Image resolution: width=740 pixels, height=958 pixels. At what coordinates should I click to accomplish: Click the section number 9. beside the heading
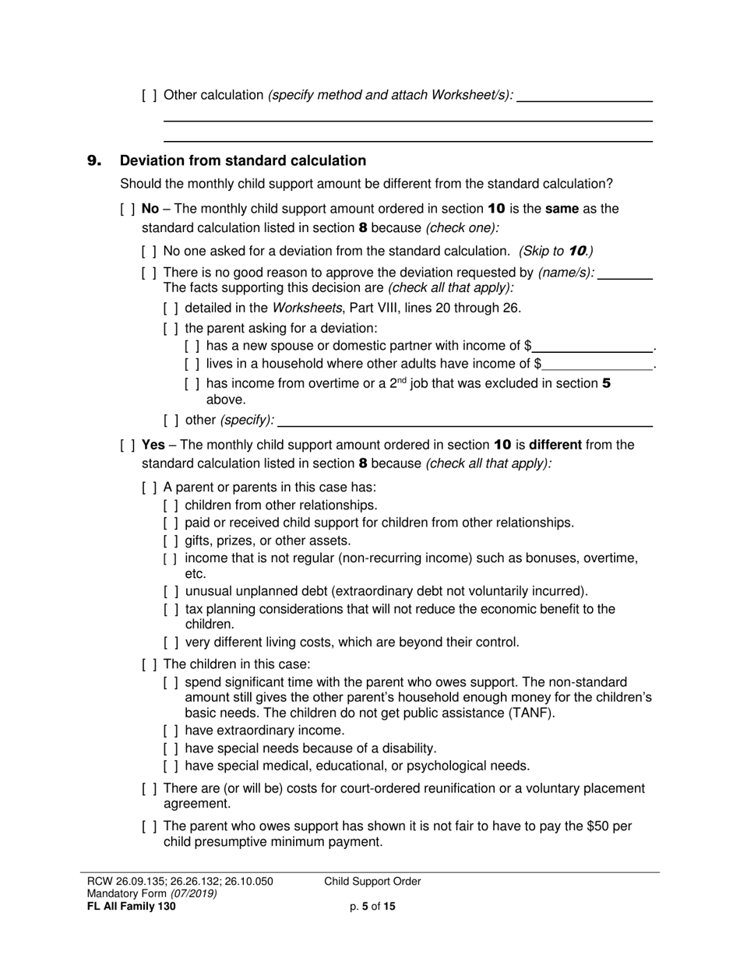point(93,161)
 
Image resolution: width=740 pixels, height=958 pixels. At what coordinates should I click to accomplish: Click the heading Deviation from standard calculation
point(242,161)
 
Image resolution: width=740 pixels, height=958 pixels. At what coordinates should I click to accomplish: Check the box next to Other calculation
point(150,96)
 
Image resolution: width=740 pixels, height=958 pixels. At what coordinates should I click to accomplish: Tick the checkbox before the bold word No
point(128,210)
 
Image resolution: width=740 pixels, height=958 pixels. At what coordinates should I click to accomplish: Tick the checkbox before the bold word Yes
point(128,446)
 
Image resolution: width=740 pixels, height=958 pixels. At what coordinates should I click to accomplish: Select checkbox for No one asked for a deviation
point(150,252)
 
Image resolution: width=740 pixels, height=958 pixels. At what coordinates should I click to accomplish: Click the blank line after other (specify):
point(464,421)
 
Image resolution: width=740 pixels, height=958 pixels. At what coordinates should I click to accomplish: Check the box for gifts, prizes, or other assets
point(171,541)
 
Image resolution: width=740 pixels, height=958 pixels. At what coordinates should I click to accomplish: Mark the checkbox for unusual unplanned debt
point(171,591)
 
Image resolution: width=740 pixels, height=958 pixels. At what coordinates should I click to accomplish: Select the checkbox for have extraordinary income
point(171,731)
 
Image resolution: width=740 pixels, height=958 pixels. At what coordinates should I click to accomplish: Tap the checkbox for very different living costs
point(171,643)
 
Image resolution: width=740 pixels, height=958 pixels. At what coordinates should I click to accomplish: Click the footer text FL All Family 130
point(132,907)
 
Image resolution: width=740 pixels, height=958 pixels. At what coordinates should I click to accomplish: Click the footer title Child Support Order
point(372,882)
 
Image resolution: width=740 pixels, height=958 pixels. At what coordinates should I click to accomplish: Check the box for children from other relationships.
point(171,505)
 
